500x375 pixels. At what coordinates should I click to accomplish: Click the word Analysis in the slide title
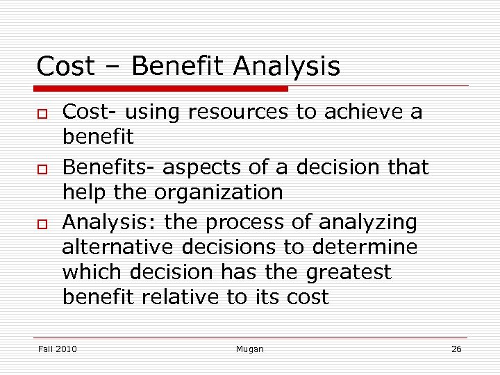[287, 67]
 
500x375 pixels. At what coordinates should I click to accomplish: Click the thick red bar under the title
[161, 89]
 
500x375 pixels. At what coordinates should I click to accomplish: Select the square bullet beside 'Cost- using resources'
[42, 113]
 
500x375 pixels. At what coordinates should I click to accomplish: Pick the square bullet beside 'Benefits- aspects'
[42, 169]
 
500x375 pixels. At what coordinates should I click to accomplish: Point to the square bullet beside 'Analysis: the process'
[42, 224]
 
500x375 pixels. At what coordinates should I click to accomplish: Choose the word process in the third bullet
[269, 223]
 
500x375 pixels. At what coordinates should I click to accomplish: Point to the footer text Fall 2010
[57, 349]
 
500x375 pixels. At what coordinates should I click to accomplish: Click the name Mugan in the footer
[249, 349]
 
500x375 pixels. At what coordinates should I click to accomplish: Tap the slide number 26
[456, 349]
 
